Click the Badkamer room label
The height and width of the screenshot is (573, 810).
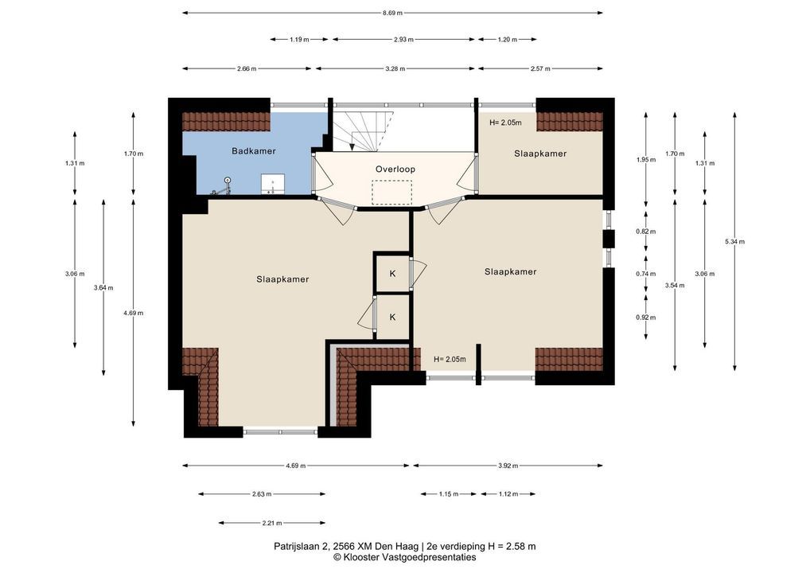click(x=253, y=151)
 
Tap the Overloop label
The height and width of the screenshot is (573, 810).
click(x=395, y=169)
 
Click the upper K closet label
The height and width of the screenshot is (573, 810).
click(x=392, y=273)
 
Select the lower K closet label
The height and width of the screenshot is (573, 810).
click(x=392, y=317)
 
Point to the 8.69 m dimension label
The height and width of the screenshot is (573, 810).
click(x=392, y=13)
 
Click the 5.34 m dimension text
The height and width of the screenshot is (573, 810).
click(x=734, y=241)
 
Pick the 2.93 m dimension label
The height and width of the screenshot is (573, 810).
click(x=403, y=39)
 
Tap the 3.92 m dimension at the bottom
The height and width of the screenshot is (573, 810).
click(x=508, y=466)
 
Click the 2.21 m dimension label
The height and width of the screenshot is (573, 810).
click(x=271, y=523)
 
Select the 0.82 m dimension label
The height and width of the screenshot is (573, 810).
click(x=646, y=232)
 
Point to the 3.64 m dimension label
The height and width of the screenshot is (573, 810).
click(x=103, y=288)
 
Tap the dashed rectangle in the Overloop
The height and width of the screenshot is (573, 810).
click(x=392, y=193)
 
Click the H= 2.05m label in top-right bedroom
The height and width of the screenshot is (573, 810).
click(x=505, y=123)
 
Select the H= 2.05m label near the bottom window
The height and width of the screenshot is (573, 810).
click(x=450, y=359)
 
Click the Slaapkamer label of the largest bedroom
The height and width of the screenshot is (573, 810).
click(x=282, y=279)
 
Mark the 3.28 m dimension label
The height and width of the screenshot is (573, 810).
click(x=395, y=68)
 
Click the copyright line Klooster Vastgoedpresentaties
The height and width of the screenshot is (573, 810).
click(x=404, y=557)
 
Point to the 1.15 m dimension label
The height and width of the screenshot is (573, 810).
click(x=449, y=494)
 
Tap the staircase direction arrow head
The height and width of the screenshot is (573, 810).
click(x=352, y=147)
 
